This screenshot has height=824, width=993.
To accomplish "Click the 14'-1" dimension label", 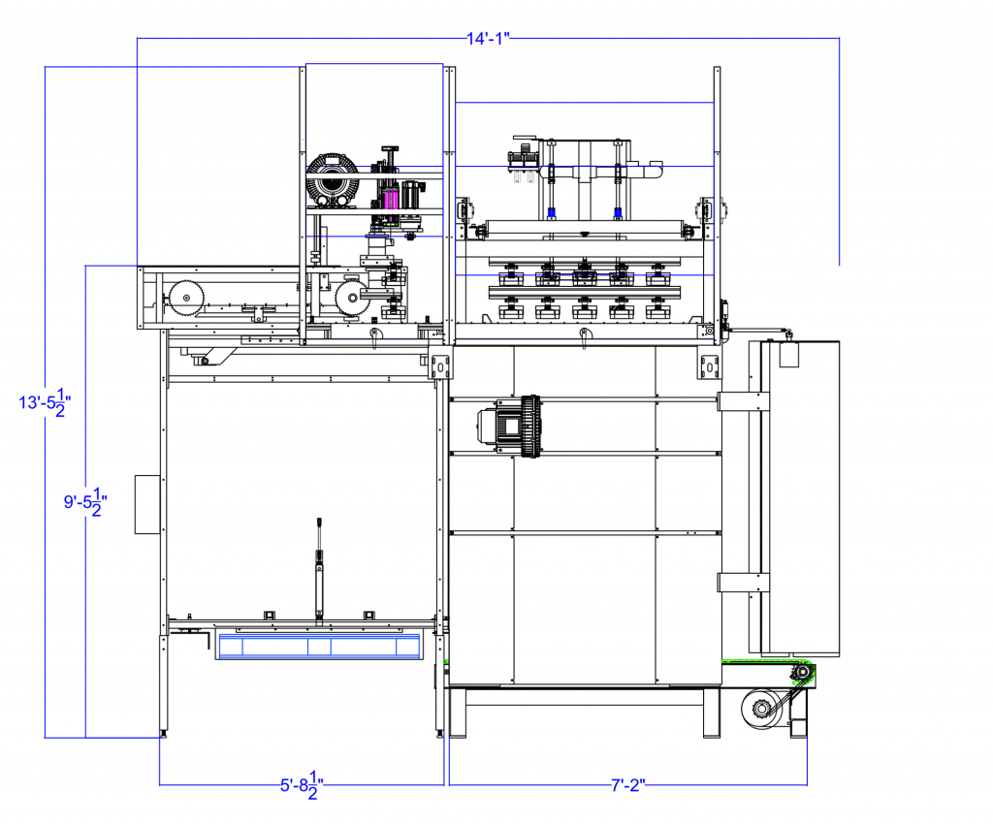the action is pyautogui.click(x=488, y=39).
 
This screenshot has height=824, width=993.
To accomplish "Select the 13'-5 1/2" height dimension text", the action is pyautogui.click(x=45, y=402).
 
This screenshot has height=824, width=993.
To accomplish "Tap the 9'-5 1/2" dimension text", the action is pyautogui.click(x=85, y=502).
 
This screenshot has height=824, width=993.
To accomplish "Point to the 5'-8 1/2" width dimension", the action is pyautogui.click(x=302, y=785).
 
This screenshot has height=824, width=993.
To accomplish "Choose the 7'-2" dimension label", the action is pyautogui.click(x=627, y=785).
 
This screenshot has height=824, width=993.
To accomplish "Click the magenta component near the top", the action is pyautogui.click(x=391, y=198).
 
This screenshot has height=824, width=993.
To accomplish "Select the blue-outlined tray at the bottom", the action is pyautogui.click(x=318, y=647).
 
